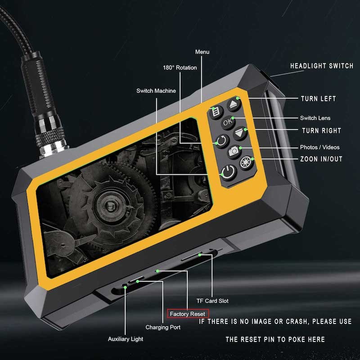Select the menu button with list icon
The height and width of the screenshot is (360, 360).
[x=216, y=111]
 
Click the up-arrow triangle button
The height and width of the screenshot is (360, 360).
[x=234, y=105]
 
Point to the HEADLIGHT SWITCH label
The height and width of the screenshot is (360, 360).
[x=321, y=66]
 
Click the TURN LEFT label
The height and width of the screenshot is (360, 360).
[x=318, y=99]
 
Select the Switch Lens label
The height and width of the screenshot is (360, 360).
[x=315, y=118]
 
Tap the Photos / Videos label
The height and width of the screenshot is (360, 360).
[x=319, y=147]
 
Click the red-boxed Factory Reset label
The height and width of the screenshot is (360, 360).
[x=187, y=314]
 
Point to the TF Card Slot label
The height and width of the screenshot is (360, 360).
[x=212, y=301]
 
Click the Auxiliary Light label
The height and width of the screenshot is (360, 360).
[x=126, y=339]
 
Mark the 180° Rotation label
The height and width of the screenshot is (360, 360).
[x=180, y=67]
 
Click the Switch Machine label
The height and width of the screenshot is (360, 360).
[x=156, y=91]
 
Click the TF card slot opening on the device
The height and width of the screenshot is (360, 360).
[x=193, y=257]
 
